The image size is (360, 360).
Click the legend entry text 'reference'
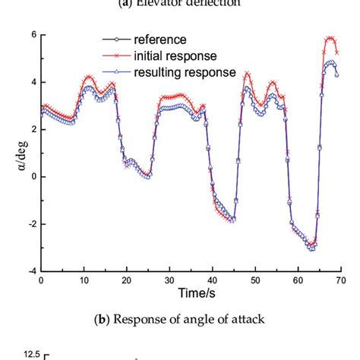[x=160, y=40]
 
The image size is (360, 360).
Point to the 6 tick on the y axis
[x=31, y=35]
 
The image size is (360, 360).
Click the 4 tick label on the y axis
[x=31, y=82]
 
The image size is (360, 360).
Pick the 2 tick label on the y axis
[x=31, y=129]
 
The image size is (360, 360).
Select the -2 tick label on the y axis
[x=29, y=223]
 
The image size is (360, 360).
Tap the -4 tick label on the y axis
[x=29, y=270]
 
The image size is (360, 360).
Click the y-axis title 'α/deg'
[x=13, y=153]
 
